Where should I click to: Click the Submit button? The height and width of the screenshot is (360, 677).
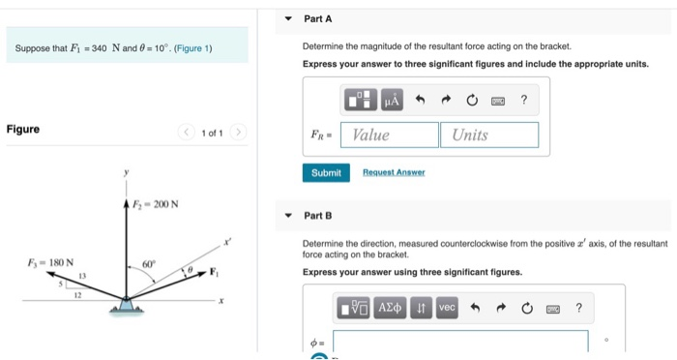click(326, 172)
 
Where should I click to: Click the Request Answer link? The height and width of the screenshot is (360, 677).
click(394, 172)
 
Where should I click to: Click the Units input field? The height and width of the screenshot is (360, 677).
click(489, 135)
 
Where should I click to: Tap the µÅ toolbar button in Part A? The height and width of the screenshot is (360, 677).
click(392, 100)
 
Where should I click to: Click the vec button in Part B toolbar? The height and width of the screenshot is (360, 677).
click(447, 307)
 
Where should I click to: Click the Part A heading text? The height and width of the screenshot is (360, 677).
click(317, 19)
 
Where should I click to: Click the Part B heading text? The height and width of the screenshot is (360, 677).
click(317, 215)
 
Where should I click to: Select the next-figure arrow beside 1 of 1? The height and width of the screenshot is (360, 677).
click(239, 132)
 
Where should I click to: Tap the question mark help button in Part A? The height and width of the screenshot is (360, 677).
click(523, 100)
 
